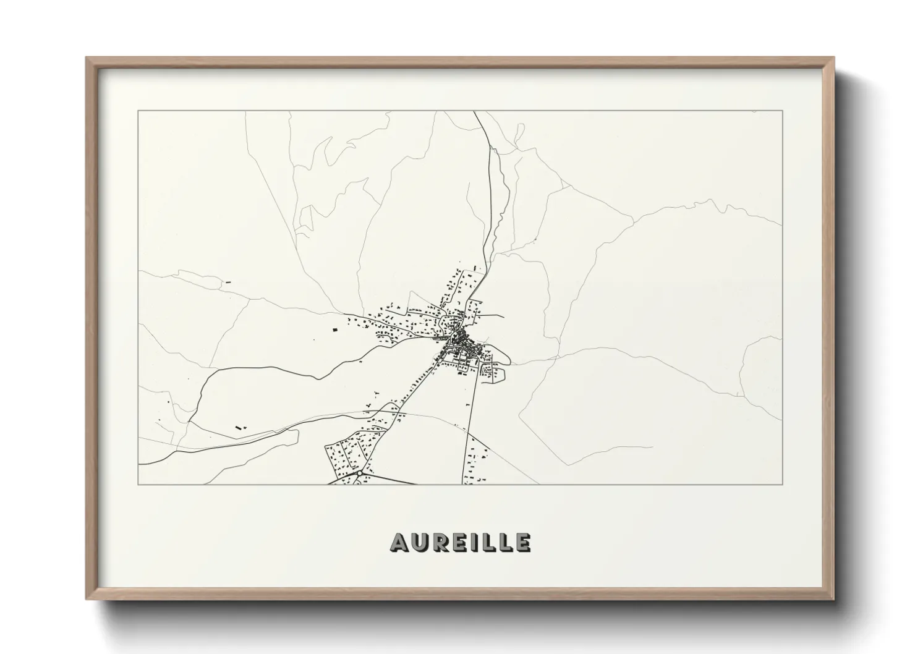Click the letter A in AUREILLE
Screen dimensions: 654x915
(x=399, y=542)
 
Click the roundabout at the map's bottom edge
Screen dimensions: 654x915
(x=359, y=474)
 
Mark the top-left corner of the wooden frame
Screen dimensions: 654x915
(x=87, y=58)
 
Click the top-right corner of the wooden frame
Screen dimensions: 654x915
(x=834, y=58)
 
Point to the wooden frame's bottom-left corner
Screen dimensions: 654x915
(x=87, y=599)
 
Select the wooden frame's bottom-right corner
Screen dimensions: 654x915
(x=834, y=599)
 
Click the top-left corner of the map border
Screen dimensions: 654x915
(x=138, y=111)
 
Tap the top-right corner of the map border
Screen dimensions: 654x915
(x=783, y=111)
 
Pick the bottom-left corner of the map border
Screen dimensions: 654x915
(x=138, y=484)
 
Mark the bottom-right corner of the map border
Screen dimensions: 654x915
(x=783, y=484)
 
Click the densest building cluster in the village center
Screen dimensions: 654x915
(x=459, y=339)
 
